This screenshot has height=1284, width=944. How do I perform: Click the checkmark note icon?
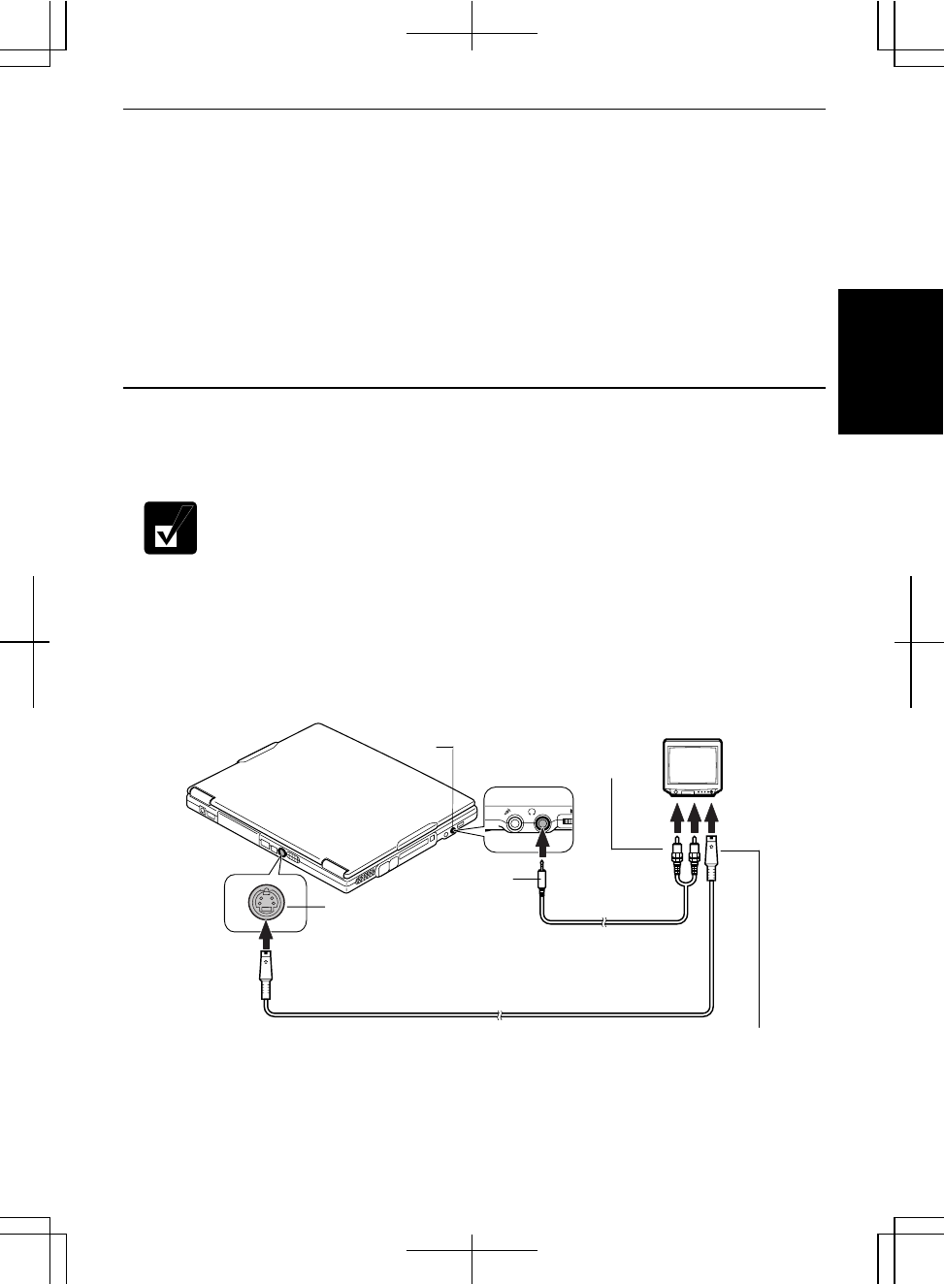[x=171, y=528]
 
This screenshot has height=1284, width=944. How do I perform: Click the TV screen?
[x=691, y=764]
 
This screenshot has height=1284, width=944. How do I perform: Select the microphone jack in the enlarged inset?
[x=514, y=823]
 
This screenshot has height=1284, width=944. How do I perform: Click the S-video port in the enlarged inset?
[x=265, y=905]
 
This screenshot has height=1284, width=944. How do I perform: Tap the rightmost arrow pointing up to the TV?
[x=713, y=820]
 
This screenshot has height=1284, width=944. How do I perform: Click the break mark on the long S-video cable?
[x=498, y=1015]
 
